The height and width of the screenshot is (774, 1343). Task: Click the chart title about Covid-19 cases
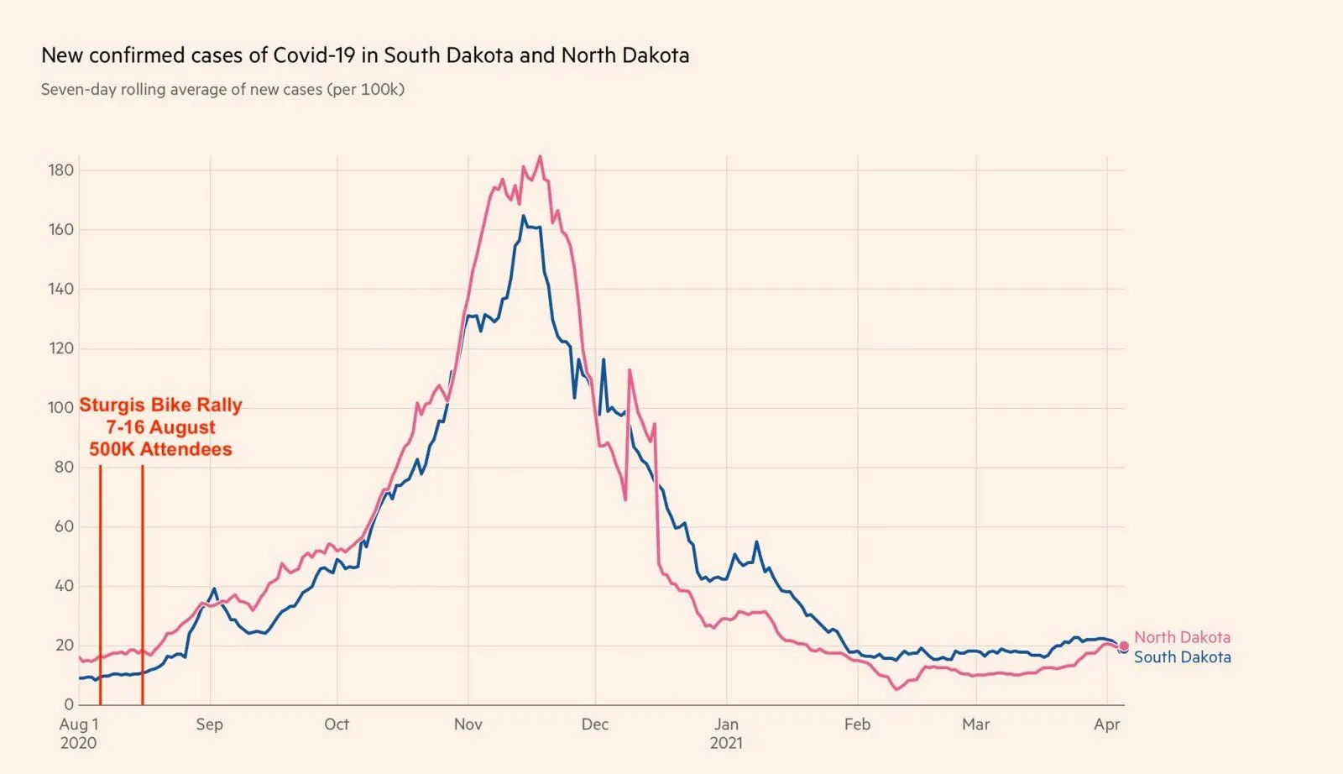pos(365,55)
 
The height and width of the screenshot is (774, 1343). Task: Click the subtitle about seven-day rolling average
pos(222,89)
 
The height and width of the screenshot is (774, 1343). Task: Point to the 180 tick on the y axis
pos(61,170)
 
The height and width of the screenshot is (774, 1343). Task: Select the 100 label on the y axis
pos(61,407)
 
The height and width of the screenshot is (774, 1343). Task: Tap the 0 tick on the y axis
pos(69,704)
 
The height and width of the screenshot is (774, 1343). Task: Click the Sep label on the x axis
pos(209,724)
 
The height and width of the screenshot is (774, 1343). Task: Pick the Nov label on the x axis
pos(468,724)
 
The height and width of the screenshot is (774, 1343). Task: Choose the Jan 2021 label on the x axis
pos(726,732)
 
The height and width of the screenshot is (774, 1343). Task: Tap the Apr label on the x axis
pos(1106,724)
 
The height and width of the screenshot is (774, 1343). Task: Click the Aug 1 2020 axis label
pos(78,732)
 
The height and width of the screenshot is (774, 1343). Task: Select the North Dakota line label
pos(1182,637)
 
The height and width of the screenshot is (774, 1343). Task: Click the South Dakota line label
pos(1182,657)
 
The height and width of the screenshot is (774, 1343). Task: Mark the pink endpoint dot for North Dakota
pos(1124,646)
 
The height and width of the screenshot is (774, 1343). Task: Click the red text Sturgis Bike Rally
pos(160,405)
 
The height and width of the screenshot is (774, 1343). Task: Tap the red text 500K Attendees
pos(160,449)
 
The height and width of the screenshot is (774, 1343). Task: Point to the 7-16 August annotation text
pos(160,427)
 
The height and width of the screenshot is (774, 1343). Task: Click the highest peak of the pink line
pos(540,156)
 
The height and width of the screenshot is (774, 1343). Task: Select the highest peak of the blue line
pos(524,217)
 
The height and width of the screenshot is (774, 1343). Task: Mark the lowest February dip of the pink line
pos(896,689)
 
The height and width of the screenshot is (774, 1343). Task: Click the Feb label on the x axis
pos(857,724)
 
